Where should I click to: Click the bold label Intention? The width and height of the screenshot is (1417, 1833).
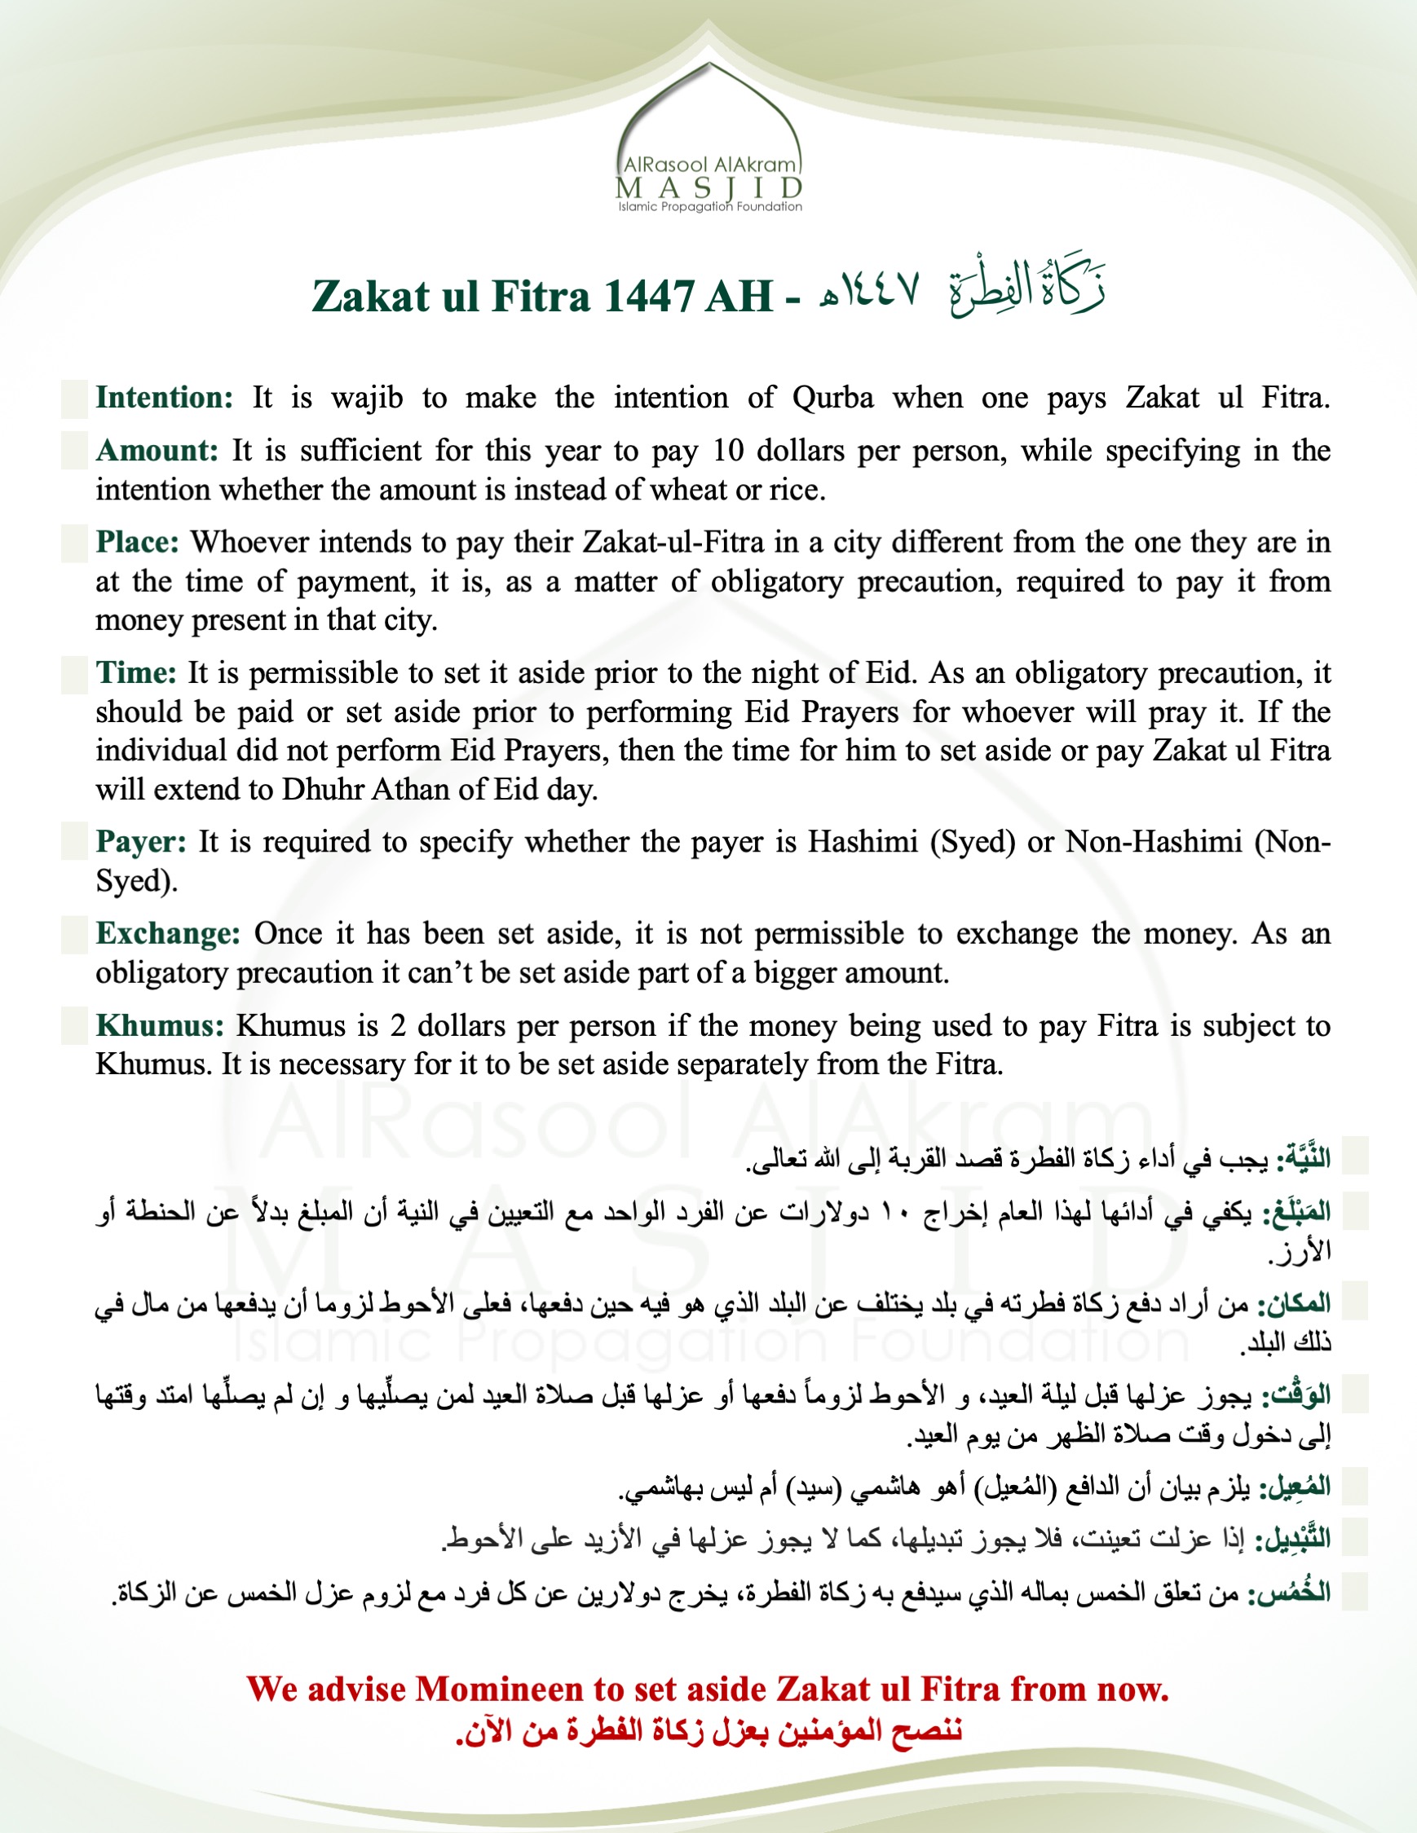[164, 398]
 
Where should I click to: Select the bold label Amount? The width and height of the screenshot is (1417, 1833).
[157, 451]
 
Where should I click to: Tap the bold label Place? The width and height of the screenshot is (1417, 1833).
[138, 542]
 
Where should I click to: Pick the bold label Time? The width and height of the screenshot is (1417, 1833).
[136, 673]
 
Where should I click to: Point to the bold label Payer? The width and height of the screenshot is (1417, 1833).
[141, 842]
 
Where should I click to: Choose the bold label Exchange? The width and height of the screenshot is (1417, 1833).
[168, 933]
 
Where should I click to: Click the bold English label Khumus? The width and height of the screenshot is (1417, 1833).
[160, 1025]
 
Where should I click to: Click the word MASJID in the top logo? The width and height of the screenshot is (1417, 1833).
[709, 187]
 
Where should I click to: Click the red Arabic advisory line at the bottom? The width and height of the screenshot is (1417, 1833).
[709, 1729]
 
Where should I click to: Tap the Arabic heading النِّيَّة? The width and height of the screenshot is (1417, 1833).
[1304, 1159]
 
